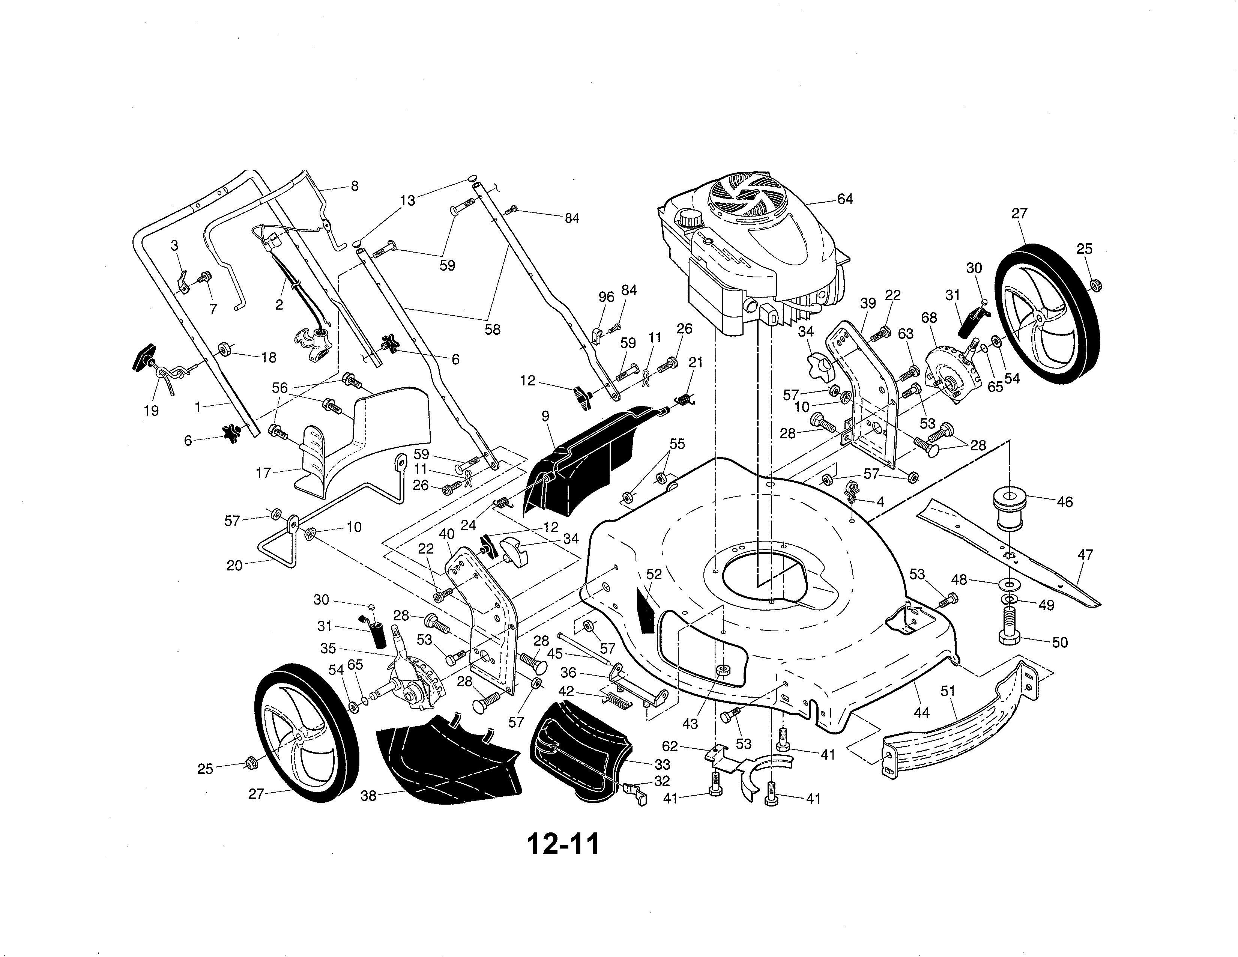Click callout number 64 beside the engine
click(x=844, y=199)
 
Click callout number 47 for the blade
click(x=1085, y=555)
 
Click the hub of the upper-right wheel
click(x=1038, y=320)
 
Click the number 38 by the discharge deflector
click(x=368, y=796)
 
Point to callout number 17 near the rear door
click(x=264, y=473)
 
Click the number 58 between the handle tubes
click(x=492, y=330)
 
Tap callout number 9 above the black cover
click(x=545, y=417)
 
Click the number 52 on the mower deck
click(x=654, y=574)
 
